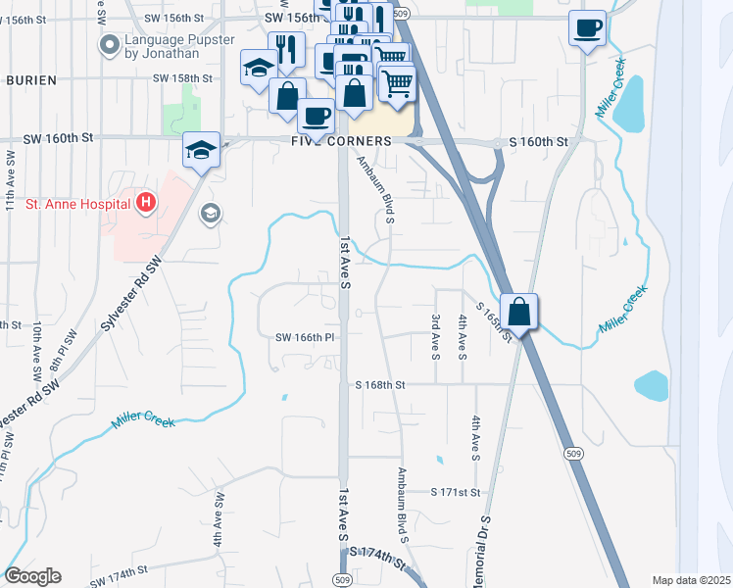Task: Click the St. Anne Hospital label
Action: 77,204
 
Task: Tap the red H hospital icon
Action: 146,204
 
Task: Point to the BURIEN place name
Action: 30,79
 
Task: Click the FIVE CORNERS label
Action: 341,141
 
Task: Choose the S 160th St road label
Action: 538,142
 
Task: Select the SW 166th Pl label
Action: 305,338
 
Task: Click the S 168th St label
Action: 380,385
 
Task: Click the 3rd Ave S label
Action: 435,335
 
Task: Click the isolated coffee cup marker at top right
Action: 587,28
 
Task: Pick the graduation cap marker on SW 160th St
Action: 201,150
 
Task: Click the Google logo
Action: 32,576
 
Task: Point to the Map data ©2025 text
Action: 691,580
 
